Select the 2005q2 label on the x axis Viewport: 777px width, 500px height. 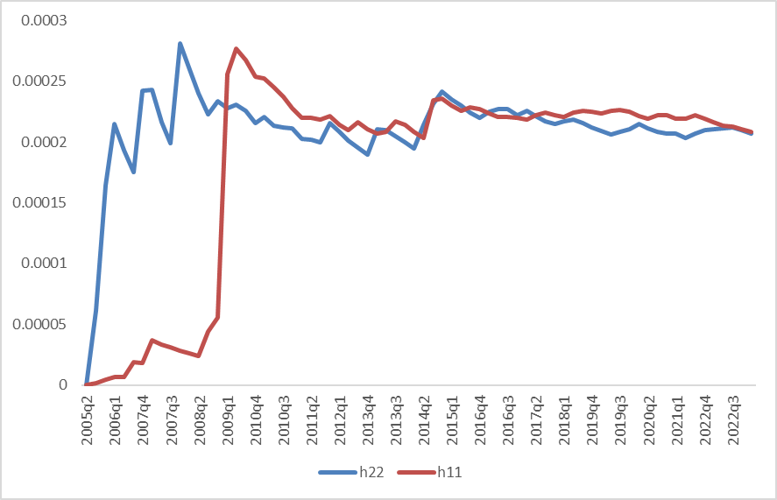pos(86,419)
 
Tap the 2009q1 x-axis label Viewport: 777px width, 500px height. pos(227,419)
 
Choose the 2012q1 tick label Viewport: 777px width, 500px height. pos(339,419)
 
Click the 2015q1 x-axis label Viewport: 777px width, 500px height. pos(452,419)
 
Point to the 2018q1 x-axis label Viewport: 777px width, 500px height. pos(565,419)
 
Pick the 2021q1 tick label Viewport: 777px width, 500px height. pos(677,419)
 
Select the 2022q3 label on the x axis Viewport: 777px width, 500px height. pos(734,419)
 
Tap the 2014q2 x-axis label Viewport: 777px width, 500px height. pos(424,419)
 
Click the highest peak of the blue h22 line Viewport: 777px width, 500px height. pos(180,43)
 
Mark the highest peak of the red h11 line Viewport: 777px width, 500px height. pos(237,49)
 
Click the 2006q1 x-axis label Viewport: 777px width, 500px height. pos(114,419)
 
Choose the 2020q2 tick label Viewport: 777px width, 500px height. pos(649,419)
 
